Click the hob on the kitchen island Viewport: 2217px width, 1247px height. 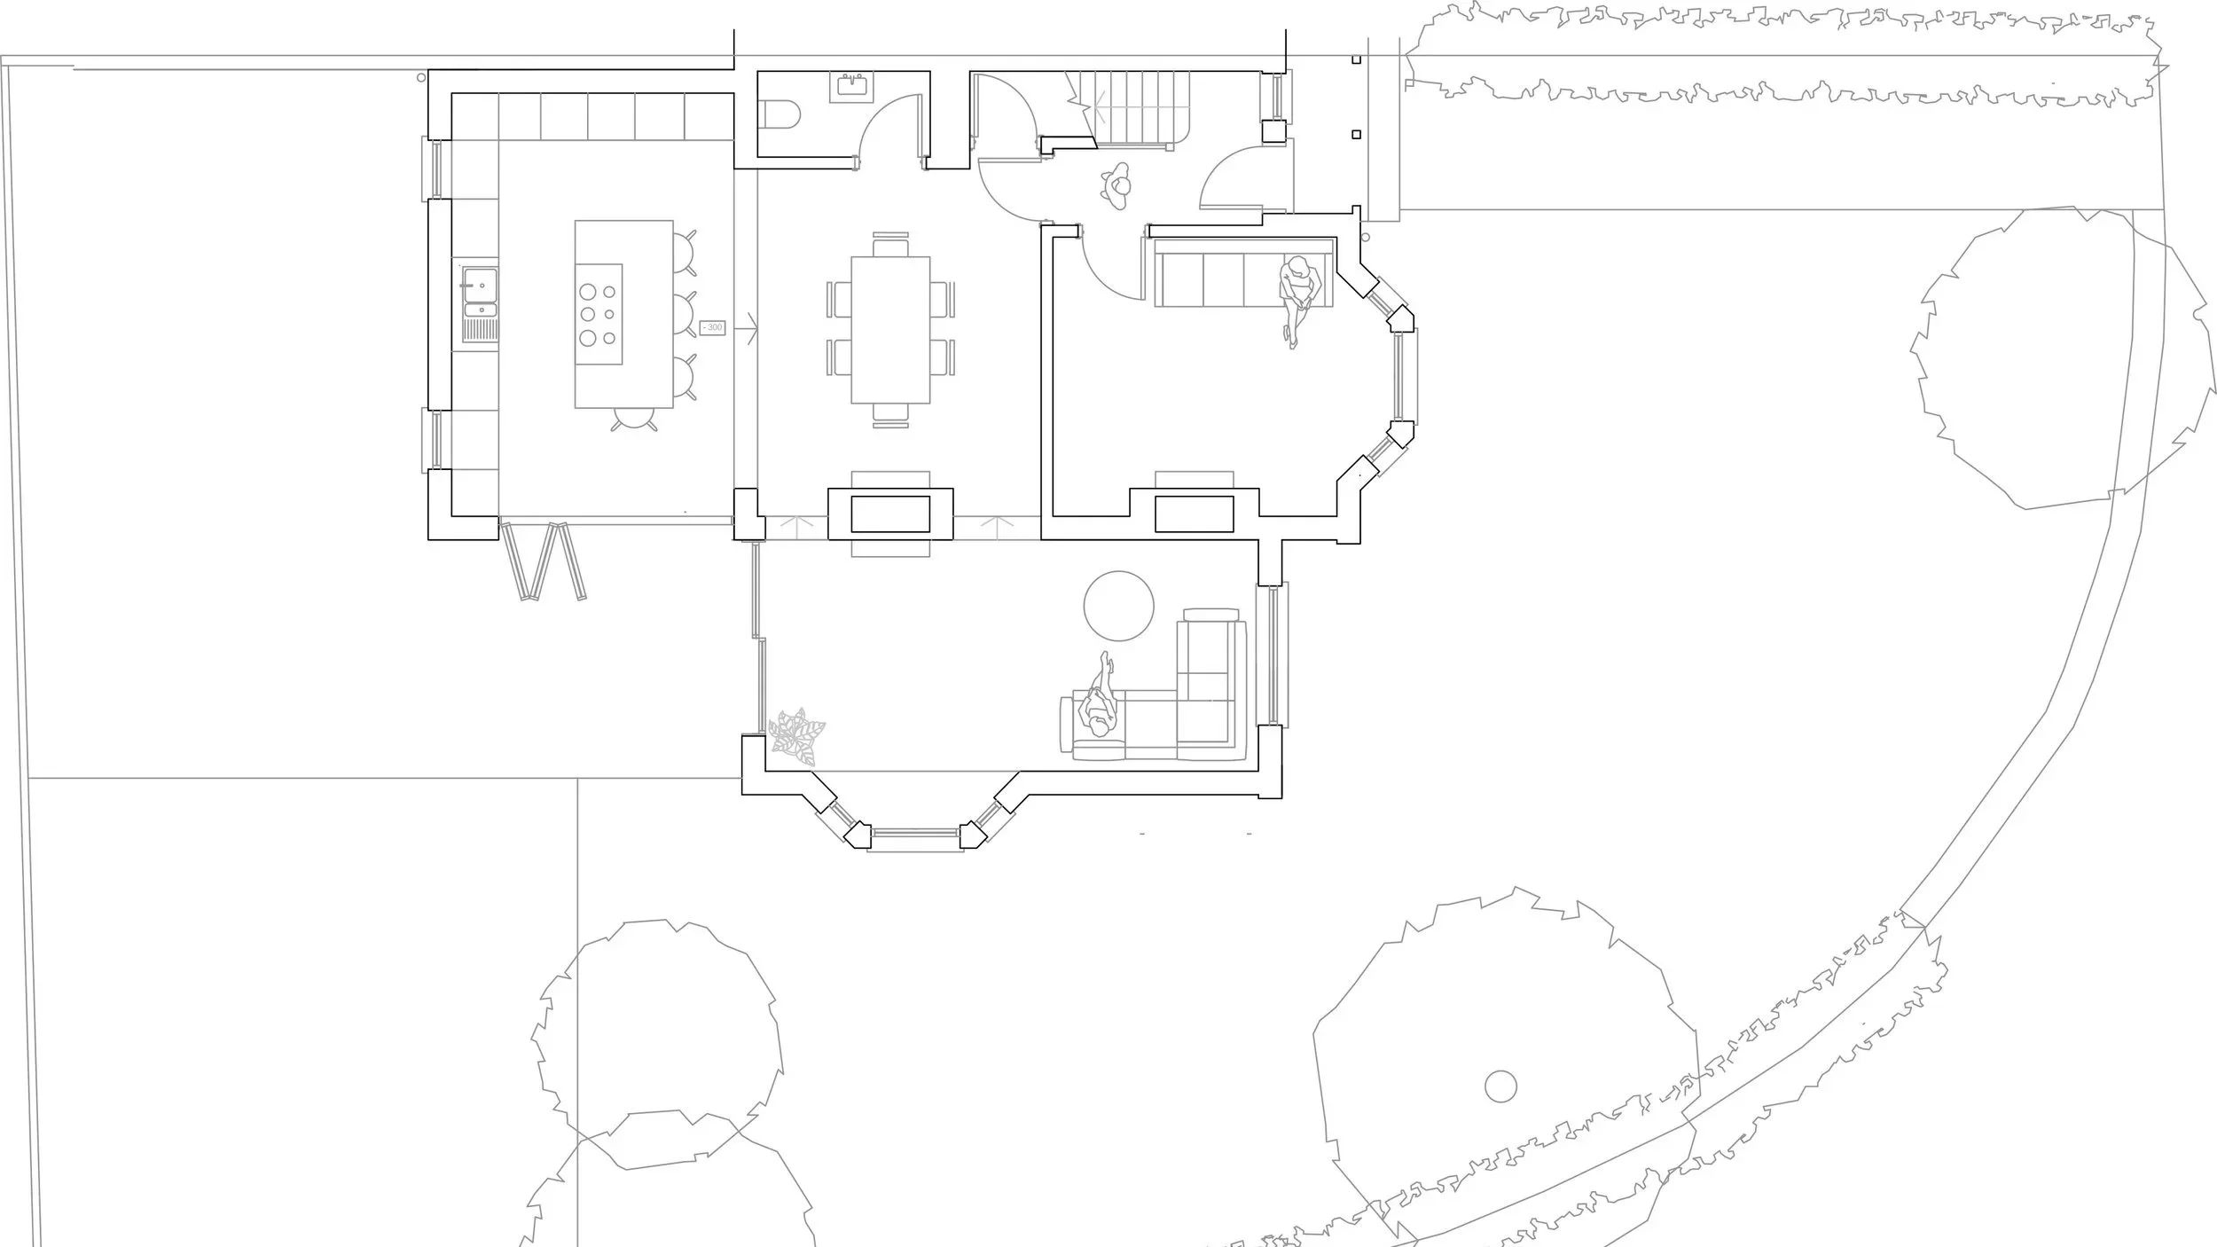(x=599, y=314)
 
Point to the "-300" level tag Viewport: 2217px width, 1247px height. (x=712, y=327)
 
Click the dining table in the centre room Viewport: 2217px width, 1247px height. (x=890, y=329)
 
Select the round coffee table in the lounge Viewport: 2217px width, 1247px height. (x=1118, y=606)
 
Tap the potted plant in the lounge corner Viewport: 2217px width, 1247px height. (x=796, y=736)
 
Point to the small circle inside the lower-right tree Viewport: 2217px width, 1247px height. (x=1500, y=1086)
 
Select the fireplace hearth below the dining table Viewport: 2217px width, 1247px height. (x=890, y=514)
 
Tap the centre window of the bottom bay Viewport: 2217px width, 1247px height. (x=915, y=834)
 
